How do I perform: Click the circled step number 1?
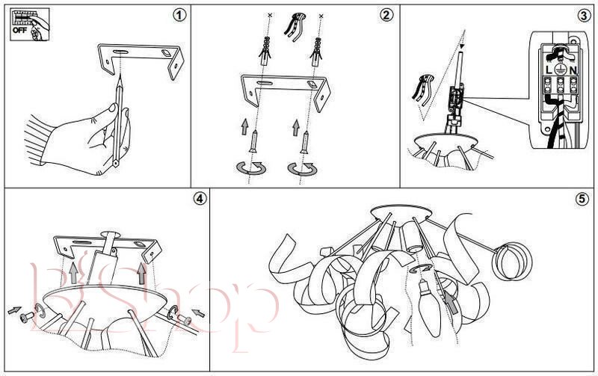pyautogui.click(x=180, y=15)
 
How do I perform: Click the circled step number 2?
pyautogui.click(x=386, y=15)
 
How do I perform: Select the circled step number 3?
pyautogui.click(x=584, y=16)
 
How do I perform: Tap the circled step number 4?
pyautogui.click(x=200, y=199)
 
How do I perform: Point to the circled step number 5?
pyautogui.click(x=582, y=199)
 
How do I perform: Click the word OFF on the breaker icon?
pyautogui.click(x=20, y=30)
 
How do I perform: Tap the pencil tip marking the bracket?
pyautogui.click(x=120, y=78)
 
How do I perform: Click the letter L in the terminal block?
pyautogui.click(x=549, y=70)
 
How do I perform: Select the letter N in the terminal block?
pyautogui.click(x=573, y=70)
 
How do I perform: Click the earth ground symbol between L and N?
pyautogui.click(x=560, y=70)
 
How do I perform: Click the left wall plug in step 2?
pyautogui.click(x=265, y=51)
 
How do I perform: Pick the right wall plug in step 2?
pyautogui.click(x=316, y=52)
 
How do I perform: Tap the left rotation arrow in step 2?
pyautogui.click(x=251, y=167)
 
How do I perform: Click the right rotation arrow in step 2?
pyautogui.click(x=303, y=168)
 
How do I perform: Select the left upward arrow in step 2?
pyautogui.click(x=244, y=127)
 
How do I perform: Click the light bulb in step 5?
pyautogui.click(x=429, y=308)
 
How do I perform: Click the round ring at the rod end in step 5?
pyautogui.click(x=512, y=261)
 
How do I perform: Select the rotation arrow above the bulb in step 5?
pyautogui.click(x=421, y=268)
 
